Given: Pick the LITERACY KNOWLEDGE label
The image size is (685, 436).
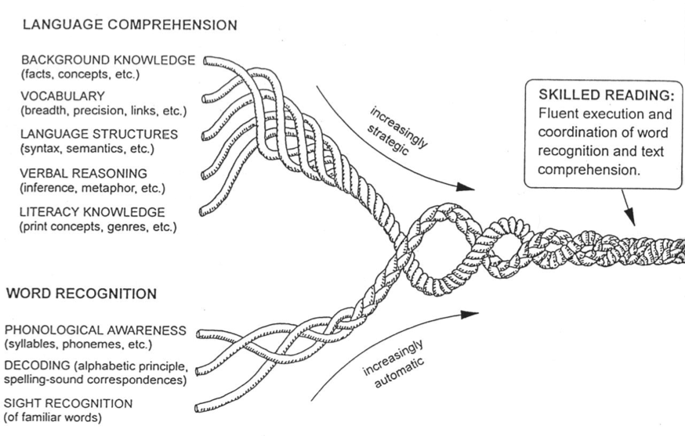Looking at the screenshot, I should coord(93,212).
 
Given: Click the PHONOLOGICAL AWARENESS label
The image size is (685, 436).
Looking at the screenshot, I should coord(96,331).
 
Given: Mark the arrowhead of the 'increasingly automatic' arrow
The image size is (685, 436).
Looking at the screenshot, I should coord(470,315).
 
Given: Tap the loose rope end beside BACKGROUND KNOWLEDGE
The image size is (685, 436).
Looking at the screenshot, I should coord(209,59).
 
